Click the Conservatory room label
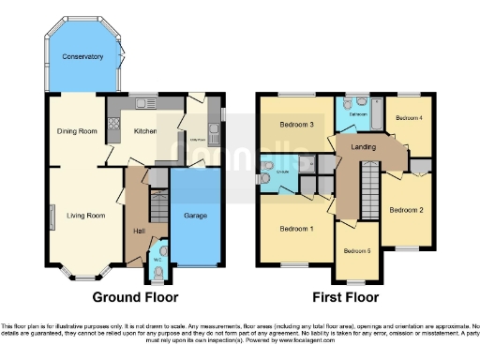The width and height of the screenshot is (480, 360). [82, 57]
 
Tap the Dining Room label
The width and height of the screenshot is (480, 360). [77, 131]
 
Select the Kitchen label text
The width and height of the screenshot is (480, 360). [144, 131]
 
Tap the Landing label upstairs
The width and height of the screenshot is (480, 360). [363, 146]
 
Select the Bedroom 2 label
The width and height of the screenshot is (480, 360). [408, 209]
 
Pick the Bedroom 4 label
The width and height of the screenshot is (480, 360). [409, 118]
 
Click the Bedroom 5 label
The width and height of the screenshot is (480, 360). [357, 250]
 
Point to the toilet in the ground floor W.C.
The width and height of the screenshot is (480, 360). [157, 272]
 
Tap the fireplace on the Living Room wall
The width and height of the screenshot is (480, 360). [52, 217]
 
